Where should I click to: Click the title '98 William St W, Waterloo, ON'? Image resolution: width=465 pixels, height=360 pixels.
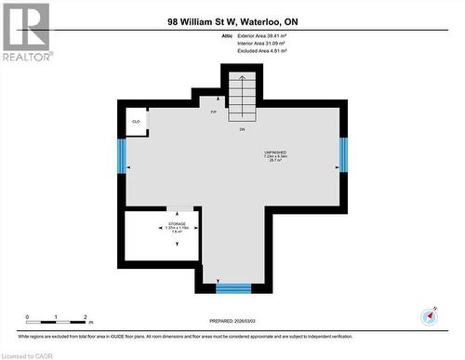point(232,20)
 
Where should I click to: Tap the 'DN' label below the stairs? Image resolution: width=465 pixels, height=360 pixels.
point(241,128)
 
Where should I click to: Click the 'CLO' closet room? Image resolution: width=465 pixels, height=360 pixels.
point(136,122)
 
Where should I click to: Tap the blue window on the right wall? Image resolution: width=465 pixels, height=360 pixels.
point(343,155)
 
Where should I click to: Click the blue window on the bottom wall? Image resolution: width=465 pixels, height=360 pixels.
point(233,287)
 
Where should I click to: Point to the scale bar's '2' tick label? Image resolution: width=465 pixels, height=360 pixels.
point(86,317)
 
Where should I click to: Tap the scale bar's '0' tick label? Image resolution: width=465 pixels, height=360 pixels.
point(27,317)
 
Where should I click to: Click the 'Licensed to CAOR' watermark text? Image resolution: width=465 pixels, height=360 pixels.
point(28,354)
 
